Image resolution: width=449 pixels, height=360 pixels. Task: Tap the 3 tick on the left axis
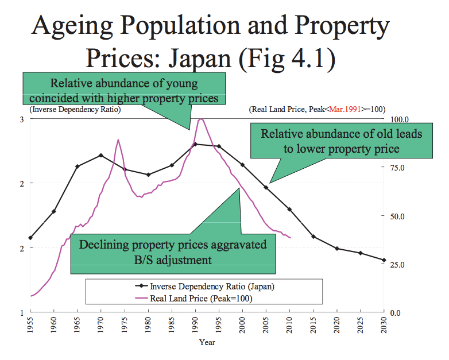point(21,119)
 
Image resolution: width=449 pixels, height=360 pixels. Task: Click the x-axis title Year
point(207,343)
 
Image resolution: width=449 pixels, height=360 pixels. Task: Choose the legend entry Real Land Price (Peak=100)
point(201,299)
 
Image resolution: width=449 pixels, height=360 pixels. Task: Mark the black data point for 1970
point(101,155)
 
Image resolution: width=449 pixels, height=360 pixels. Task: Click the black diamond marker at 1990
point(195,144)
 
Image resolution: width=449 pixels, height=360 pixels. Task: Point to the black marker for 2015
point(313,237)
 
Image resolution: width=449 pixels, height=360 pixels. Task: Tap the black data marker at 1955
point(30,238)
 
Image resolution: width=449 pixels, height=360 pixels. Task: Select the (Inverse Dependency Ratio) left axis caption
point(75,109)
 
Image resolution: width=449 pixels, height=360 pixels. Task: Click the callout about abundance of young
point(123,91)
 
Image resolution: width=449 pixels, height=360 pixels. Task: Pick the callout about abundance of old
point(342,141)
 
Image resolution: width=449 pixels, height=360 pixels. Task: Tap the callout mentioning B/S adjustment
point(172,252)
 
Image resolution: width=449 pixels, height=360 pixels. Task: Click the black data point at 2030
point(384,260)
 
